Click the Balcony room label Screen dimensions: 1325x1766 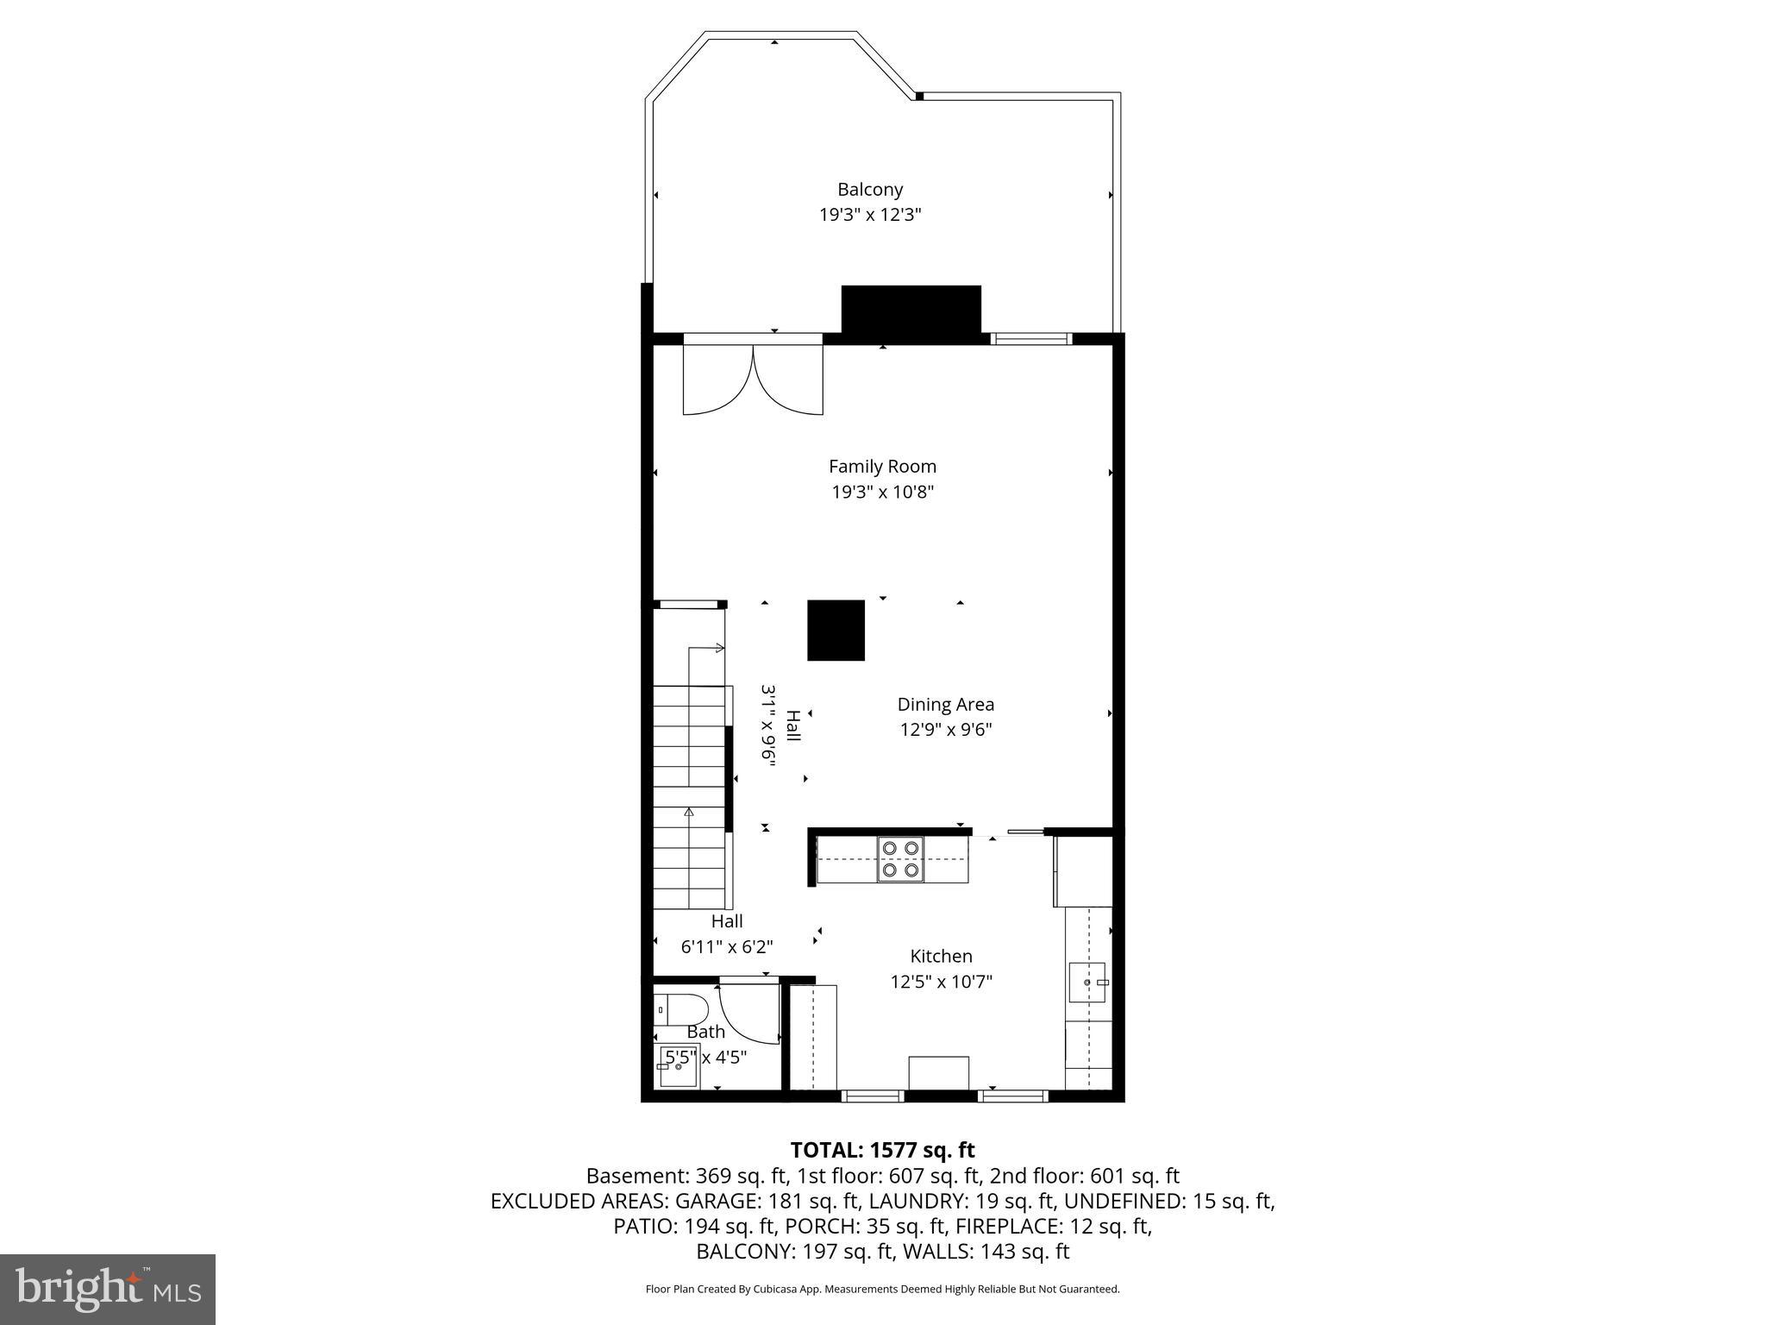870,189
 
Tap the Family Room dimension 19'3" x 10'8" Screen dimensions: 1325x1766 881,492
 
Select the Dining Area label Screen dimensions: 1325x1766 945,704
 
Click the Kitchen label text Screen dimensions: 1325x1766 941,956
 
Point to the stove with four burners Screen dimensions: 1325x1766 900,859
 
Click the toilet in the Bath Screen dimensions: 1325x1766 680,1008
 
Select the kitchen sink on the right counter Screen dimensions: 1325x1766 1087,983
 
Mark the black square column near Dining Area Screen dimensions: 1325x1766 836,630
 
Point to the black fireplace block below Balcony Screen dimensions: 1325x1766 911,310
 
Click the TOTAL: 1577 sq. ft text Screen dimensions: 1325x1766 882,1150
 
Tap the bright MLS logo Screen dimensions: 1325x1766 107,1290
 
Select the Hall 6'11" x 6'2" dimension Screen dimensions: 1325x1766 727,946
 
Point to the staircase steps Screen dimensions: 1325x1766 690,794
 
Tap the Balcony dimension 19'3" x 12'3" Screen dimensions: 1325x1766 870,215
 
